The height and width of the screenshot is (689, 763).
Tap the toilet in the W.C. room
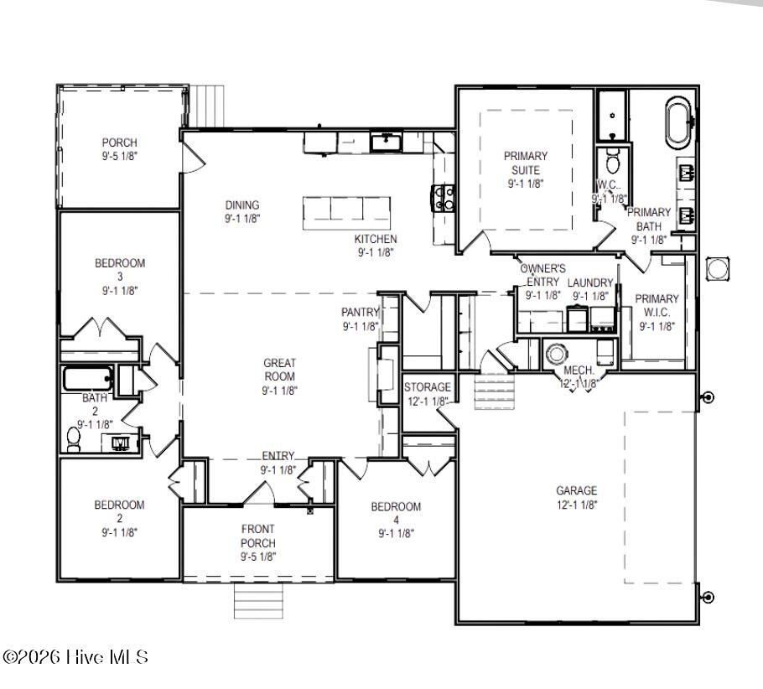(x=612, y=161)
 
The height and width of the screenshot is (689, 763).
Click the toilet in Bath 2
(x=74, y=438)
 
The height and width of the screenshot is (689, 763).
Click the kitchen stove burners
(x=444, y=198)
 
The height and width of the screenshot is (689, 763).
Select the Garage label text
(x=577, y=497)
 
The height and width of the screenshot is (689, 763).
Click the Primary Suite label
(x=526, y=169)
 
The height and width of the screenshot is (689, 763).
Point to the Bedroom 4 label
(x=396, y=519)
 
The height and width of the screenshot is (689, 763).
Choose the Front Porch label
(x=258, y=542)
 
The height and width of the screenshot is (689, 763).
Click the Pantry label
(x=361, y=319)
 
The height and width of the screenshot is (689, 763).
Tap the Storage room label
(x=428, y=393)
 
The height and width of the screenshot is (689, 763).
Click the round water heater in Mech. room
(x=557, y=351)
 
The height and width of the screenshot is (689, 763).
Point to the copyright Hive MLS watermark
(x=75, y=657)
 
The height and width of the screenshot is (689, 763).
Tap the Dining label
(x=242, y=211)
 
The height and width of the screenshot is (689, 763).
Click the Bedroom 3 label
(x=119, y=277)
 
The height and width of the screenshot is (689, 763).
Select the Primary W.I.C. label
(x=657, y=312)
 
